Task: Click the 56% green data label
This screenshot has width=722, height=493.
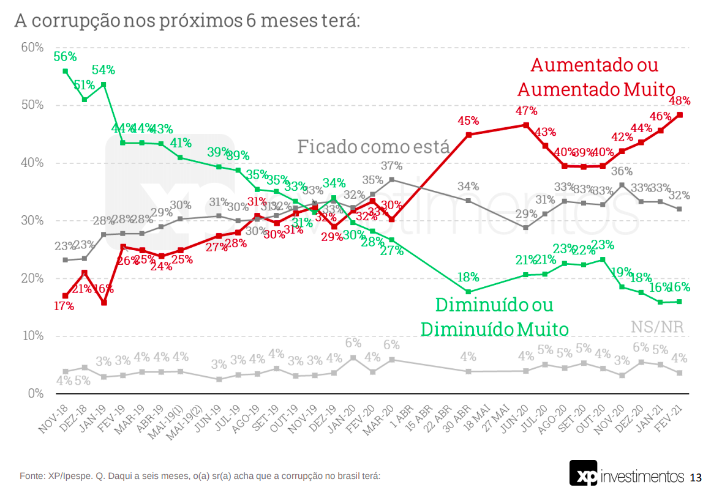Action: pos(65,57)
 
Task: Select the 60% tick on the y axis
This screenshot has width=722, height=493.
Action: pos(32,48)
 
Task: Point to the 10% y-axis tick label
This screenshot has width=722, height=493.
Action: pos(32,336)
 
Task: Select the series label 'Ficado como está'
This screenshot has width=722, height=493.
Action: pos(374,147)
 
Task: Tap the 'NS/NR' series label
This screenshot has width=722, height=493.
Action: pos(656,327)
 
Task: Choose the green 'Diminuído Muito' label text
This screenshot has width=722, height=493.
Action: pos(494,329)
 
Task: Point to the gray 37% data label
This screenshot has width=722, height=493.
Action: pos(391,166)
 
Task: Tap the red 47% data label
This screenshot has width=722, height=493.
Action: pos(526,111)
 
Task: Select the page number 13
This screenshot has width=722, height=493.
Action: pos(696,477)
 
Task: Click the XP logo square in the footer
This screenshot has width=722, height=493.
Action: pos(584,474)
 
